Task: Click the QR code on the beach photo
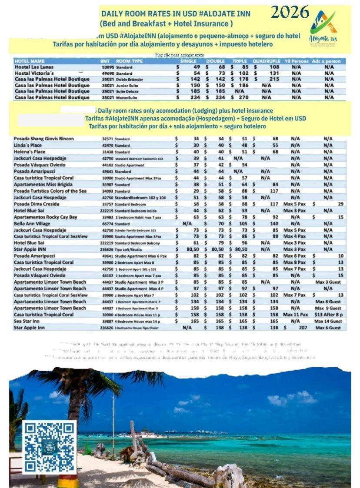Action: (49, 447)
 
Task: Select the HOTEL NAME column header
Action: (30, 61)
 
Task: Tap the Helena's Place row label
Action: (30, 152)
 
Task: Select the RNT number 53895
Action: (108, 67)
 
